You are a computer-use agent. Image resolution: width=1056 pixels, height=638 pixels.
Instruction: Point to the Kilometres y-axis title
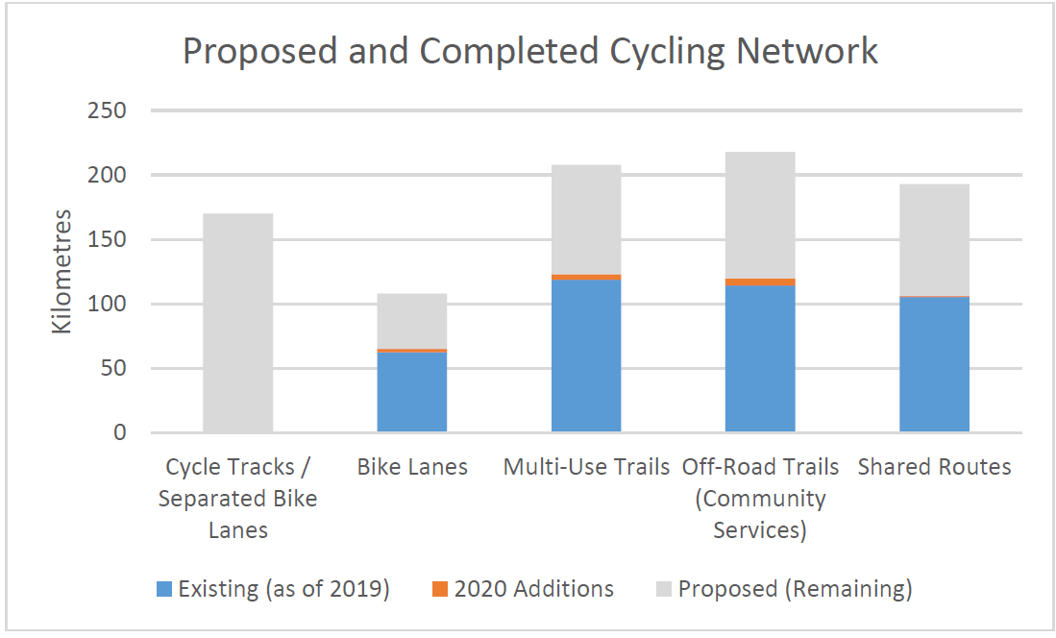[61, 271]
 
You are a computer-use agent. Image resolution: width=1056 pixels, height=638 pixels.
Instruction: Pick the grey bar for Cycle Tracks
[238, 323]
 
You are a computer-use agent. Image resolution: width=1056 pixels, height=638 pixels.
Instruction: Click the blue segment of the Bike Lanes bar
[412, 392]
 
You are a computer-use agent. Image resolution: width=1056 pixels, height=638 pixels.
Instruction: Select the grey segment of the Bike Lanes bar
[412, 321]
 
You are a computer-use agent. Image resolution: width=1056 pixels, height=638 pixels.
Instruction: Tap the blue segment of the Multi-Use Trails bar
[586, 356]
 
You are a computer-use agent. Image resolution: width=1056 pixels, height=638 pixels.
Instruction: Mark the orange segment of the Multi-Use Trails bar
[586, 277]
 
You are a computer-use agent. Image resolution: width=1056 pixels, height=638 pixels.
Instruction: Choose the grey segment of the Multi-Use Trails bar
[586, 219]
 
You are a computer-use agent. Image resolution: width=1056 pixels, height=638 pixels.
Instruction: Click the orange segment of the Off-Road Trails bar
[760, 282]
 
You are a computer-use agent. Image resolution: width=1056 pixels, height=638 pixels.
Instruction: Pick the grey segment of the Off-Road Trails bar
[760, 215]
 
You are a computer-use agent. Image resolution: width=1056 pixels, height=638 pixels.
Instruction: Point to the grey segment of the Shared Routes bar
[934, 239]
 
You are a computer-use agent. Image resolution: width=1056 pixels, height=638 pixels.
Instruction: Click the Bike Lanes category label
[412, 468]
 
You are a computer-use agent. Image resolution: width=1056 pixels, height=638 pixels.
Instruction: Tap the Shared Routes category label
[934, 468]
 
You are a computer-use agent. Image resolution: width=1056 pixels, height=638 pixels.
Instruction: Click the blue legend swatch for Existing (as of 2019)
[164, 589]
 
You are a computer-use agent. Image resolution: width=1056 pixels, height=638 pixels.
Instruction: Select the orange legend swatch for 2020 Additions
[441, 589]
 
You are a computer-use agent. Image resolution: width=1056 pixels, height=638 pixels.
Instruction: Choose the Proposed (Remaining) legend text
[795, 589]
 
